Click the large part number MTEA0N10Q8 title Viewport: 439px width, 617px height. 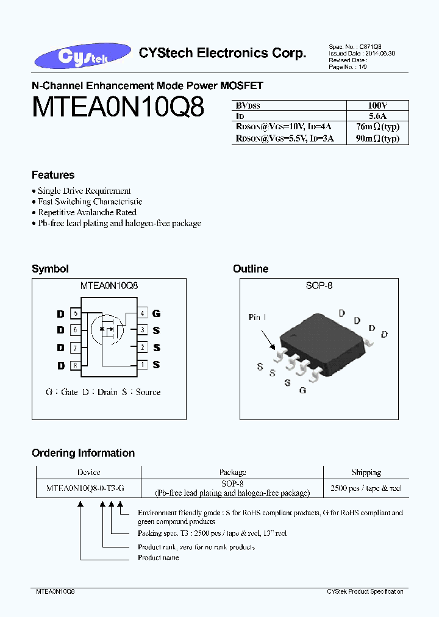point(118,107)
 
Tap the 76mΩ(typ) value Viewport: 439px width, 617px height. point(378,127)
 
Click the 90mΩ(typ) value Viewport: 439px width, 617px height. point(378,138)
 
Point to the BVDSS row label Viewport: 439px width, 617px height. point(248,105)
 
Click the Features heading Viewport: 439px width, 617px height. point(53,175)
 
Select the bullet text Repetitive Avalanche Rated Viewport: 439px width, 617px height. point(87,212)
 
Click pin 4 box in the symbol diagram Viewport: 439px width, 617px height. point(142,313)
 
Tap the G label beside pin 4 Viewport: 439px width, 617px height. point(157,313)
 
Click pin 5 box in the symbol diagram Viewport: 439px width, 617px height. point(76,313)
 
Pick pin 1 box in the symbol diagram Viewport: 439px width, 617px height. point(142,365)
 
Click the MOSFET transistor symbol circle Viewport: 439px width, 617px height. point(107,330)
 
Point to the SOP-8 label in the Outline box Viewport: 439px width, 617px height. point(318,285)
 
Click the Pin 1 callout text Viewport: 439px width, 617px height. point(258,317)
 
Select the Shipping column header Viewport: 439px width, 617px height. point(366,473)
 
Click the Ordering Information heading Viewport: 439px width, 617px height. point(83,453)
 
